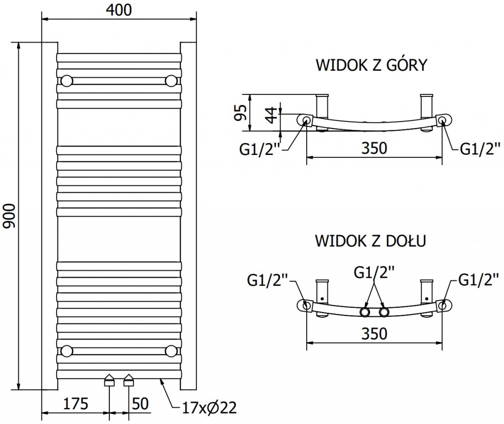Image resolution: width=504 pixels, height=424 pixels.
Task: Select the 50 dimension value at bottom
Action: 141,405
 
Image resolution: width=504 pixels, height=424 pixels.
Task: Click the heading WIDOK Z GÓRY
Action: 371,65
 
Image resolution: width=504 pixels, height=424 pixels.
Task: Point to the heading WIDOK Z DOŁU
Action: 371,241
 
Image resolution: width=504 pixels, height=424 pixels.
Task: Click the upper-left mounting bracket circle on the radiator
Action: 66,80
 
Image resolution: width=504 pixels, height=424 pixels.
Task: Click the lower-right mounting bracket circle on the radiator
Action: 171,350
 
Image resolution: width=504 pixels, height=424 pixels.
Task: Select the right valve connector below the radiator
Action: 129,380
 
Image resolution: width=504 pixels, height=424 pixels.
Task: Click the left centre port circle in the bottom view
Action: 365,312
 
